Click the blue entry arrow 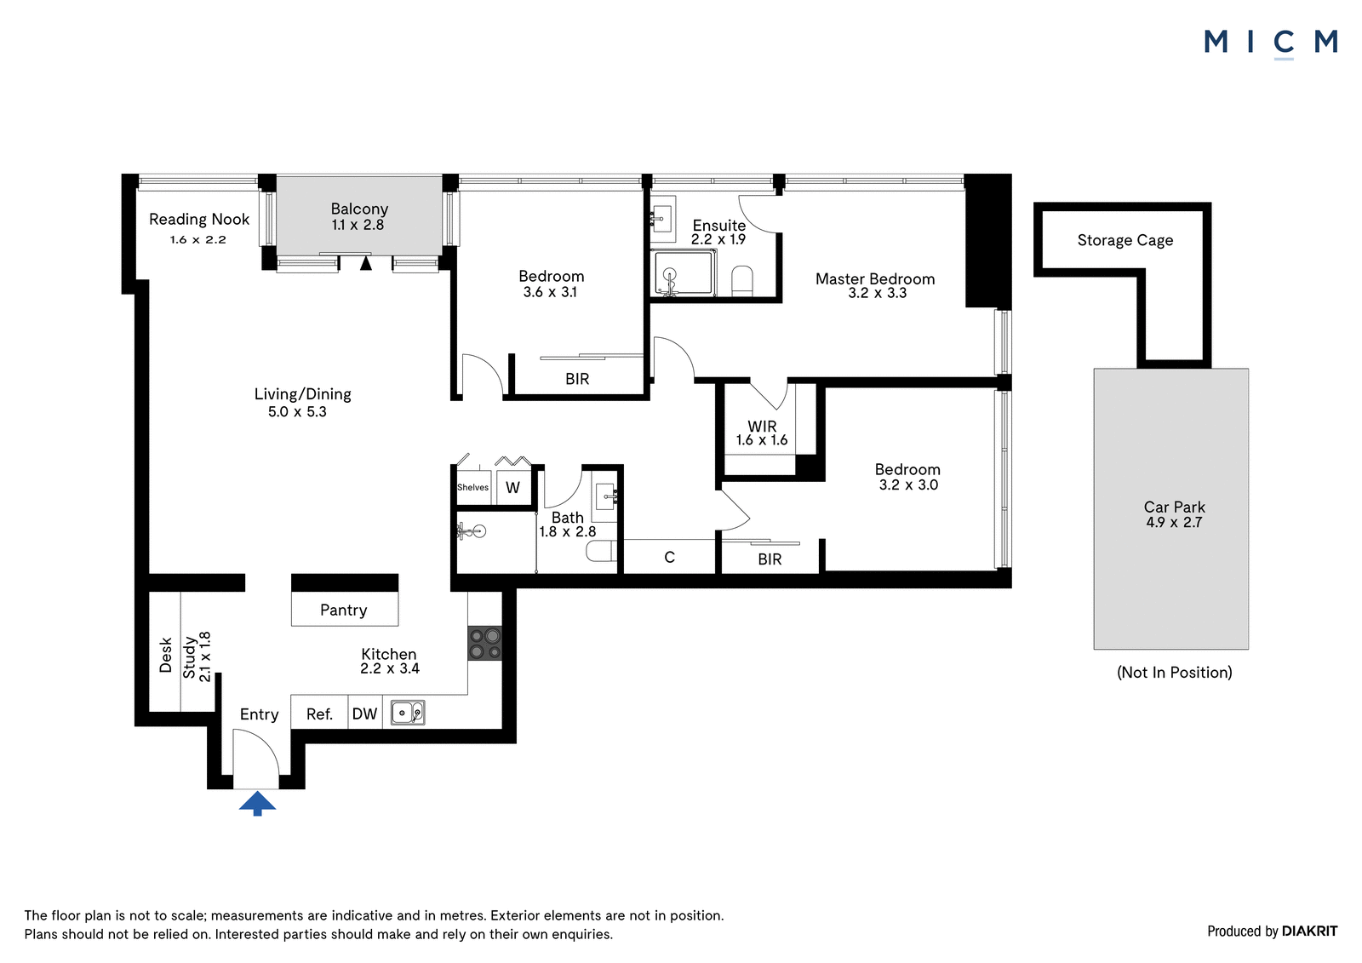257,803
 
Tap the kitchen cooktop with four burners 484,644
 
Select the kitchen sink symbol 408,713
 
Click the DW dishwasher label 365,714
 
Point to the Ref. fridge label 320,714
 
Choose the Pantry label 344,610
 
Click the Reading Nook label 199,219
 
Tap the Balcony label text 359,209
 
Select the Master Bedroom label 875,279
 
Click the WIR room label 762,427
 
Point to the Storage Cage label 1125,240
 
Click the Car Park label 1174,507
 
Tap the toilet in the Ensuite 742,280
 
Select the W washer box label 512,487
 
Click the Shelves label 473,487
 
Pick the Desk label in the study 165,655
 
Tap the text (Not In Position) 1174,672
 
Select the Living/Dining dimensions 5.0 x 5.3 297,412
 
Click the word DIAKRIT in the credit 1309,931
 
